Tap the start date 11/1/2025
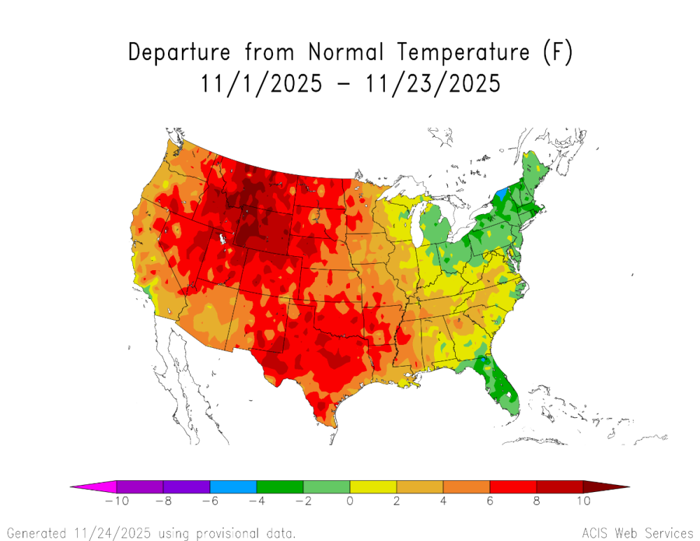[x=262, y=84]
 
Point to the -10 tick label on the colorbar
[x=112, y=501]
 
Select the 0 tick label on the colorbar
[x=349, y=501]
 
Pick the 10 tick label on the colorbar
[x=583, y=501]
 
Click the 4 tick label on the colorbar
[x=443, y=501]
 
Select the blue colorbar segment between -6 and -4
[x=233, y=486]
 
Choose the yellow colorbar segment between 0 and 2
[x=373, y=486]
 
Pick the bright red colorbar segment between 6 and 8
[x=513, y=486]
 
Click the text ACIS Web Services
[x=636, y=533]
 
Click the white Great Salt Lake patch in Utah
[x=223, y=239]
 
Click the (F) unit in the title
[x=559, y=53]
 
